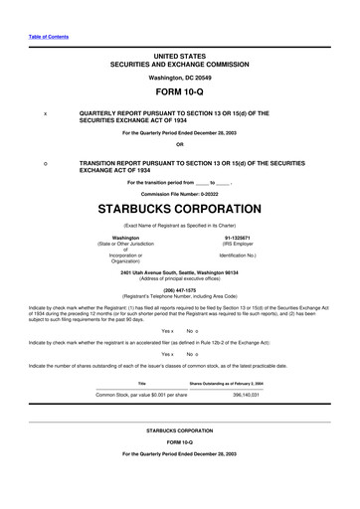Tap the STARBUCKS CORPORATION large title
coord(179,211)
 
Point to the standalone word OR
coord(179,145)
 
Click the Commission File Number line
coord(179,193)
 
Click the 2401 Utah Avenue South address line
coord(179,272)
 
